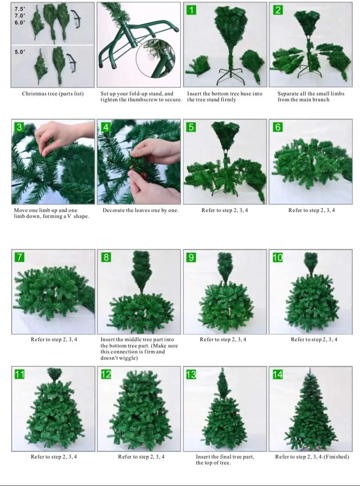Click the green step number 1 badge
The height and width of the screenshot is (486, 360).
(x=191, y=10)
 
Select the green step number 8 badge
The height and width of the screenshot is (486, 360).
(x=106, y=257)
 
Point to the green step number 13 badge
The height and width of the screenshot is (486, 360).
(x=191, y=374)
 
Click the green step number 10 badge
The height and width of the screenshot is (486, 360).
(x=278, y=257)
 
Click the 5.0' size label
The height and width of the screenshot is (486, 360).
(x=20, y=52)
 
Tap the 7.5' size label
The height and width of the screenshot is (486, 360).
(x=20, y=9)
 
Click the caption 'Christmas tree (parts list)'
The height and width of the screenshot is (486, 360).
(x=53, y=94)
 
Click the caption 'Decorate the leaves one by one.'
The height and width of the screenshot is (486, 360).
(x=140, y=210)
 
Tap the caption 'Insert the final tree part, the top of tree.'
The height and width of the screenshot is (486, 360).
(x=225, y=460)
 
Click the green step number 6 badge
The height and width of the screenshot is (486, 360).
(x=278, y=127)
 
